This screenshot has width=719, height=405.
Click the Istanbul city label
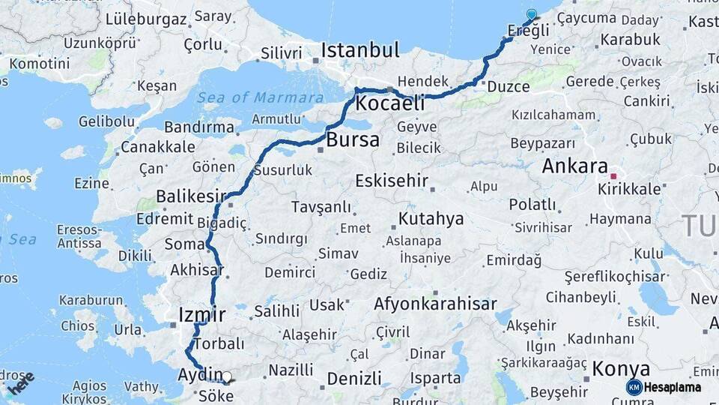click(360, 50)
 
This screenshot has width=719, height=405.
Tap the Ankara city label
click(574, 166)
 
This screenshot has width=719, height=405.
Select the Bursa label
click(353, 139)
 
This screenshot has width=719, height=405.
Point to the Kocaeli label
click(390, 103)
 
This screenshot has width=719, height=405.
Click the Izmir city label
click(202, 313)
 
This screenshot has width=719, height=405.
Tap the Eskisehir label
click(392, 181)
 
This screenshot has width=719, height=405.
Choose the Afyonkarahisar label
click(435, 304)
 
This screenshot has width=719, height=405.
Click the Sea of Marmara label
click(262, 97)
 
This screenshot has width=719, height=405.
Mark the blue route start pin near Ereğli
click(532, 14)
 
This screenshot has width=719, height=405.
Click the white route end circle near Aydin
click(227, 377)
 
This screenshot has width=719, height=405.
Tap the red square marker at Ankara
click(613, 176)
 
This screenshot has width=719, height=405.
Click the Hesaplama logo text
click(673, 387)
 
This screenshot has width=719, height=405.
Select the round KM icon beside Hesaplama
click(634, 387)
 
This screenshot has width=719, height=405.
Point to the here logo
click(21, 383)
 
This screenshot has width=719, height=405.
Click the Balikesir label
click(191, 196)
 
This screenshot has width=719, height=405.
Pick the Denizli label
click(354, 379)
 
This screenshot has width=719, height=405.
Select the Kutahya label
click(431, 219)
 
